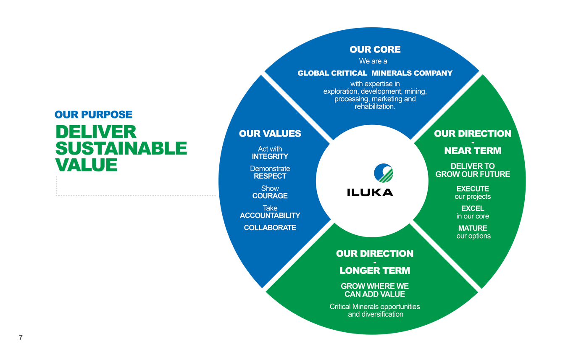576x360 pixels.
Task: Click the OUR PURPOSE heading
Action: (x=93, y=114)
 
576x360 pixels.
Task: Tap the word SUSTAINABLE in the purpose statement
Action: (x=121, y=148)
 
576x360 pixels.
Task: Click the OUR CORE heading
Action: (x=375, y=50)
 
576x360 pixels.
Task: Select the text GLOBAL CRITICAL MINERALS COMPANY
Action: (x=375, y=73)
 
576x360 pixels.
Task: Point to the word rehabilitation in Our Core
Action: (x=375, y=107)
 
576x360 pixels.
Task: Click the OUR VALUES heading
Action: (x=270, y=134)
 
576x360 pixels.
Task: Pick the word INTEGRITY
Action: (x=270, y=157)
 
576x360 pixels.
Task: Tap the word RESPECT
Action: (x=270, y=176)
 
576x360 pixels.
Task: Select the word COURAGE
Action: (x=270, y=196)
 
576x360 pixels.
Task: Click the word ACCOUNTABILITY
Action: (x=270, y=215)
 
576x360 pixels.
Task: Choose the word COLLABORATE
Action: (x=270, y=228)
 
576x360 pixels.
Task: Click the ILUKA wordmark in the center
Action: (x=370, y=193)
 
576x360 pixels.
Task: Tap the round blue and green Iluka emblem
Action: (x=384, y=173)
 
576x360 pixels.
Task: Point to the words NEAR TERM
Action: (x=473, y=151)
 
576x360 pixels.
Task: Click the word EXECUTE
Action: (x=473, y=189)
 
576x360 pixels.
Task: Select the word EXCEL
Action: (x=473, y=208)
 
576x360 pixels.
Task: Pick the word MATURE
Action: (x=473, y=228)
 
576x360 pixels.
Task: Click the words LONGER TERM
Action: (x=375, y=271)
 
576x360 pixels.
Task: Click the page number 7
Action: (x=20, y=337)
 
